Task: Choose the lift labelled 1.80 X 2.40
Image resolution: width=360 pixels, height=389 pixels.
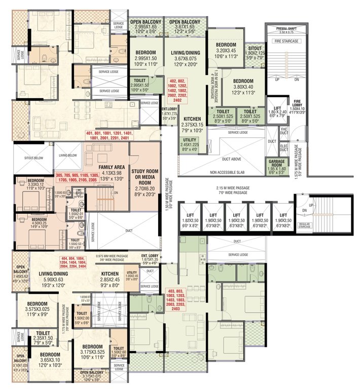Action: point(277,111)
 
